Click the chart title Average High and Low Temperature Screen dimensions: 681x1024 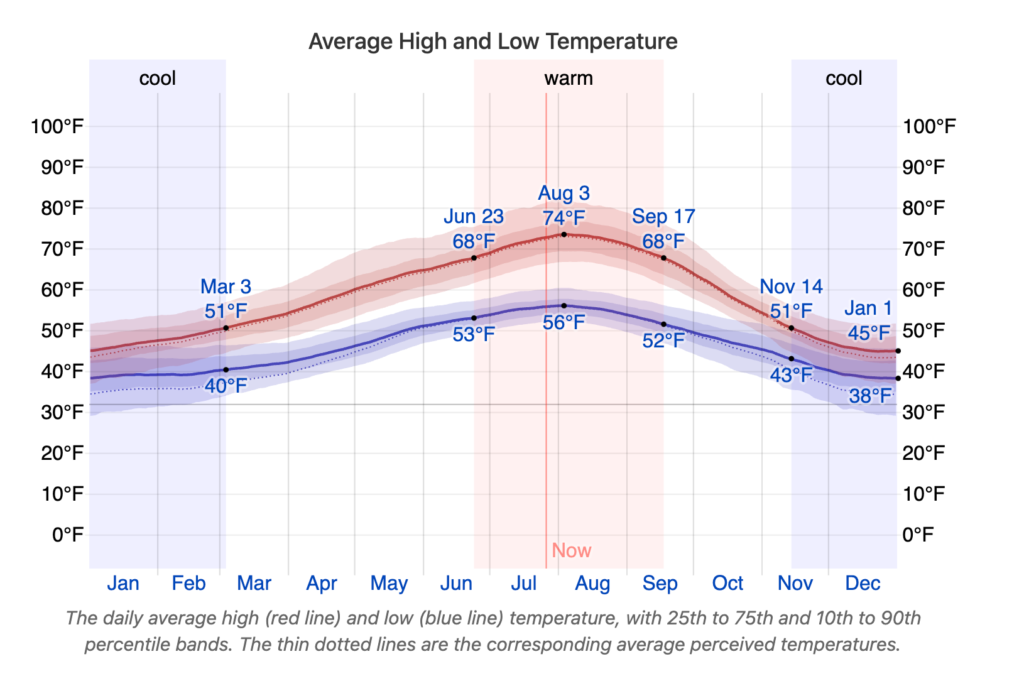492,41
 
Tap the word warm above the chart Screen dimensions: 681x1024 568,78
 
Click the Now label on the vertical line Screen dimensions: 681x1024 571,550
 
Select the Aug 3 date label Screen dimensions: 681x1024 564,193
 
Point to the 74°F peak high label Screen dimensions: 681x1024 564,217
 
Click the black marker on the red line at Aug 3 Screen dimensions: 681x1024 564,234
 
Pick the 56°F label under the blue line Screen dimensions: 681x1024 564,323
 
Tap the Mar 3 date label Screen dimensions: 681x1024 226,287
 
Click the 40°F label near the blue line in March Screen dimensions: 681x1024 226,385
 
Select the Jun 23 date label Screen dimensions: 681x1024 474,217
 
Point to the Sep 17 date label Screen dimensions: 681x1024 663,217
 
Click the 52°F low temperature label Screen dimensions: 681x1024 663,341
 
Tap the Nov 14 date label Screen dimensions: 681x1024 792,287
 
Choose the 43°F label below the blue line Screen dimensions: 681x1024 792,376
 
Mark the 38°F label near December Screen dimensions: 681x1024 870,396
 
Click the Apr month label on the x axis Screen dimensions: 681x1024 322,584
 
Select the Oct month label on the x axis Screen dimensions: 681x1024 728,584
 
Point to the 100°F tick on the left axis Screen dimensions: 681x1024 57,127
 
